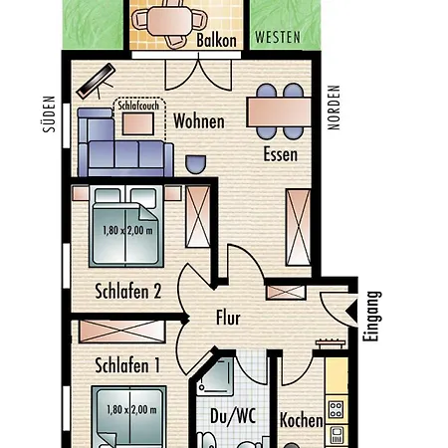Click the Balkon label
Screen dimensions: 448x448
pos(216,41)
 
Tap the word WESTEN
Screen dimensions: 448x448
pos(278,37)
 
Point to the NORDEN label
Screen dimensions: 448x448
pos(334,108)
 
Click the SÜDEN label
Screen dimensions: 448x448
pos(49,114)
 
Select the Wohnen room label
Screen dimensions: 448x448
pos(199,121)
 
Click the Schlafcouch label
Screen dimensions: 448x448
pos(138,106)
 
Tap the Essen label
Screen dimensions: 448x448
pos(281,154)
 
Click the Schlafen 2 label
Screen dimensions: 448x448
pos(128,291)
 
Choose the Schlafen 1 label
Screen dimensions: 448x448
pos(127,365)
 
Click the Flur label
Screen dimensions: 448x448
pos(228,318)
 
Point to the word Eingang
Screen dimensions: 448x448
pos(371,317)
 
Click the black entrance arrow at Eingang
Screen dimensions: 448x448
pos(351,312)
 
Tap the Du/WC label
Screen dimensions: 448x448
pos(233,416)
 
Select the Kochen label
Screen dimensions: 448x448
pos(302,420)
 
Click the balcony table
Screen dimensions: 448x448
pos(170,21)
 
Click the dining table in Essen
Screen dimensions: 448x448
pos(279,112)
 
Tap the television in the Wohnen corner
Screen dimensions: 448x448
pos(96,81)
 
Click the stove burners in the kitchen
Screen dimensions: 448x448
pos(336,409)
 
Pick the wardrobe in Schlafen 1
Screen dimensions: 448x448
pos(122,332)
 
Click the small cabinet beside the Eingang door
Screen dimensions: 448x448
pos(286,293)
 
